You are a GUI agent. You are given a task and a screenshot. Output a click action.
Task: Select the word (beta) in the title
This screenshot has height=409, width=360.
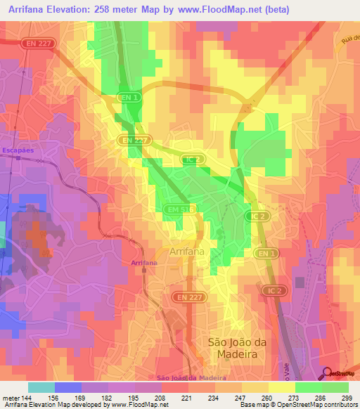(273, 9)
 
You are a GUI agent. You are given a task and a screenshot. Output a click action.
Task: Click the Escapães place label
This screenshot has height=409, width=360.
(18, 150)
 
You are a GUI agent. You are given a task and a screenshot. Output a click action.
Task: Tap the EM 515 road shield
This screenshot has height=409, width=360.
(179, 209)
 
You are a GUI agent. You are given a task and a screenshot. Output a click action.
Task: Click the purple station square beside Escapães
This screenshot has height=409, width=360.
(18, 160)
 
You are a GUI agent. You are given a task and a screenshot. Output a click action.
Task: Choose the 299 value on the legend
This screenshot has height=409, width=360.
(347, 398)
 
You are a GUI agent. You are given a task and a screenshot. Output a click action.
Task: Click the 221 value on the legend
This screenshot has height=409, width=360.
(186, 398)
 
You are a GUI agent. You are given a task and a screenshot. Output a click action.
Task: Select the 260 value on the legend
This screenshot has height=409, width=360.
(266, 398)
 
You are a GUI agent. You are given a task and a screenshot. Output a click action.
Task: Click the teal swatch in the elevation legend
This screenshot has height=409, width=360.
(41, 387)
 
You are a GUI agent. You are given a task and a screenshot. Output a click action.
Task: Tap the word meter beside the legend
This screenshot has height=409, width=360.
(9, 398)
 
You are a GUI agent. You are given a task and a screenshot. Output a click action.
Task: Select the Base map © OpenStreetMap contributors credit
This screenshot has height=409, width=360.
(297, 405)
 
